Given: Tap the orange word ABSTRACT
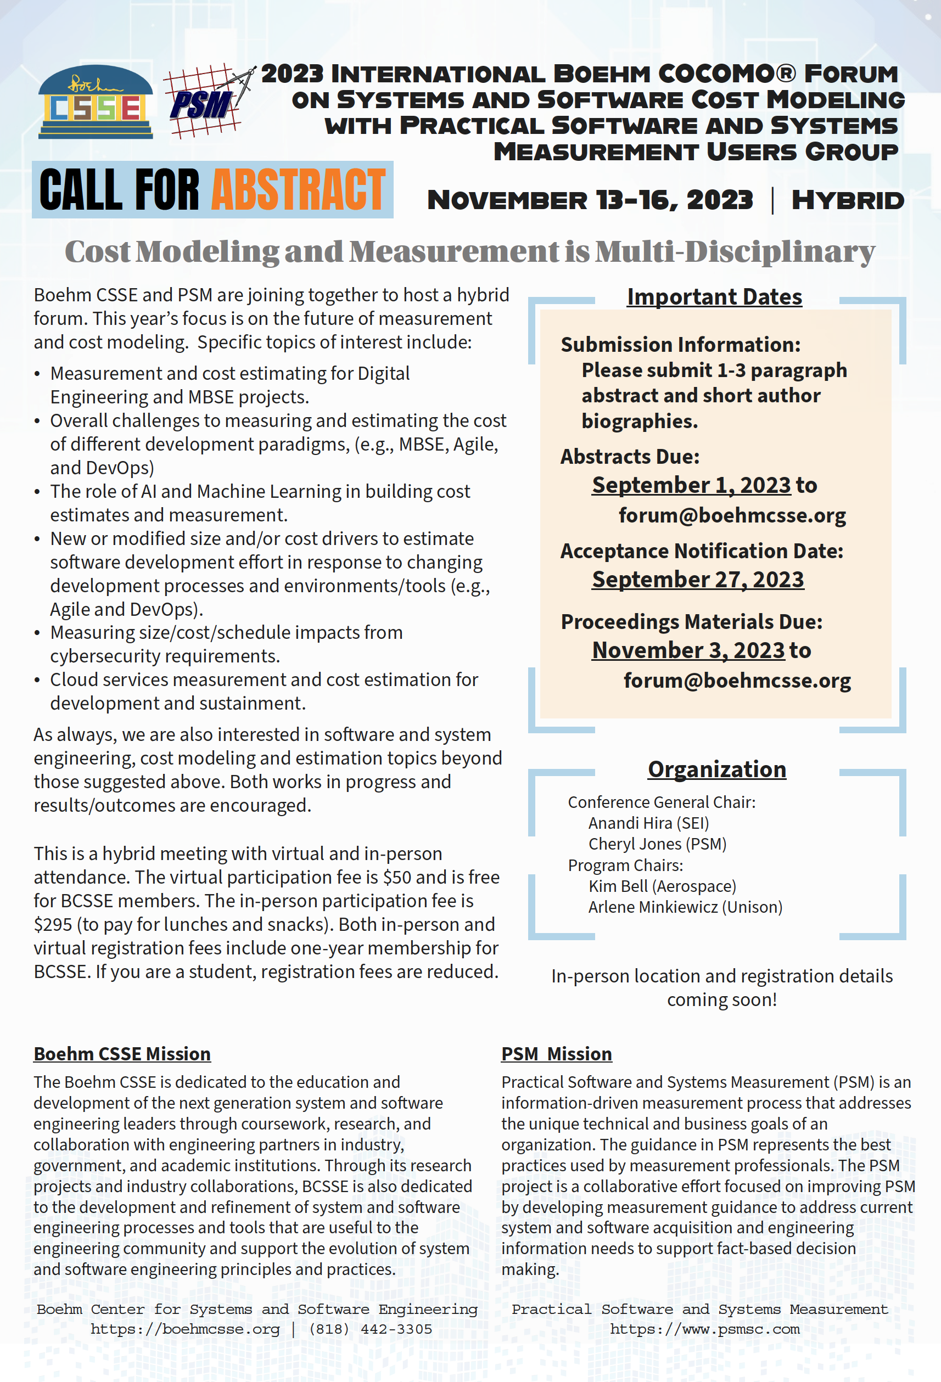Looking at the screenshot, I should click(x=299, y=190).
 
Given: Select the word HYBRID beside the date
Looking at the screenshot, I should click(x=848, y=200).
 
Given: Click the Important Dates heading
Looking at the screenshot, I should click(x=714, y=297).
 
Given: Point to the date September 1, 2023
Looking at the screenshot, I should click(x=691, y=485).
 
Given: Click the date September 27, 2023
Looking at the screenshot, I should click(x=698, y=580).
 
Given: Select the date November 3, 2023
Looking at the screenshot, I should click(x=689, y=650).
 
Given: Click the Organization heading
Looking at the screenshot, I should click(x=717, y=769).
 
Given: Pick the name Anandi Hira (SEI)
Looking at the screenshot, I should click(x=648, y=824).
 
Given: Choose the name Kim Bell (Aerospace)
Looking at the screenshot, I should click(x=662, y=886).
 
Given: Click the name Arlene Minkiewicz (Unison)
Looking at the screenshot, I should click(x=685, y=907).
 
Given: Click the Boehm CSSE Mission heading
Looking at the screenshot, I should click(x=122, y=1054).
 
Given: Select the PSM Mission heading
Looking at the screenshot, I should click(x=556, y=1054).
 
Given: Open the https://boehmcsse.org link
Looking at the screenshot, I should click(x=185, y=1329).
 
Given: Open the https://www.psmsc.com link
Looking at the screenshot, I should click(x=705, y=1329).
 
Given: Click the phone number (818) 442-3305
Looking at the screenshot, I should click(x=370, y=1329).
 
